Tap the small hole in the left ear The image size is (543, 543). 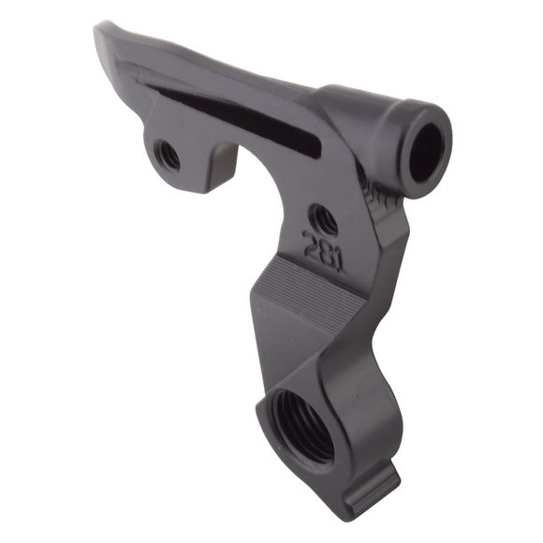click(169, 154)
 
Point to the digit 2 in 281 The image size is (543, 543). click(309, 245)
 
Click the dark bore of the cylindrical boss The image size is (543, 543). click(426, 152)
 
